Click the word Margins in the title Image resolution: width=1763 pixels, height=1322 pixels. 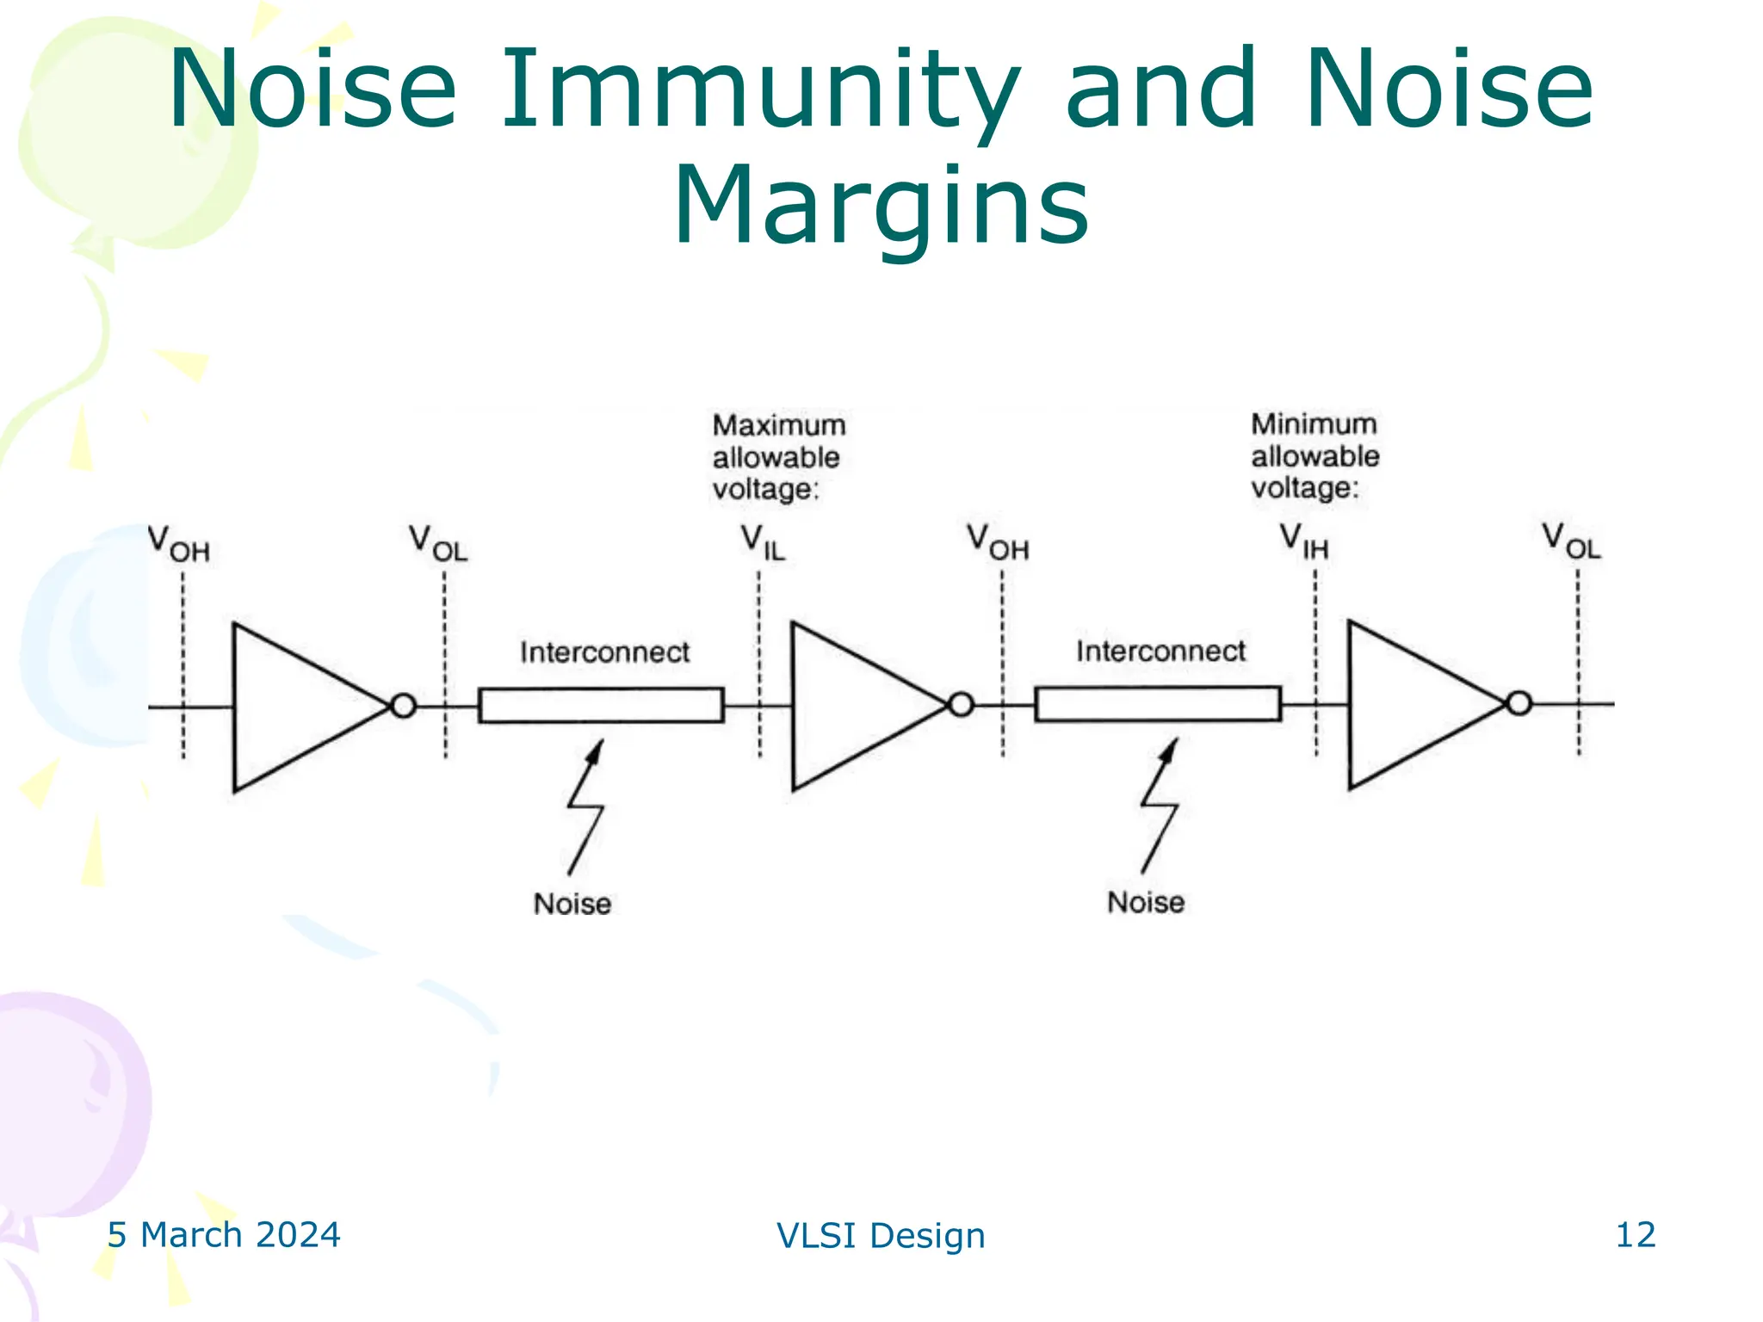(881, 207)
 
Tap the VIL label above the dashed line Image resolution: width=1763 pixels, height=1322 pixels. (763, 543)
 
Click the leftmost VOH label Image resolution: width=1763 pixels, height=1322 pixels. (178, 544)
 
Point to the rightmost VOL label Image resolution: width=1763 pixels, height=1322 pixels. (1570, 541)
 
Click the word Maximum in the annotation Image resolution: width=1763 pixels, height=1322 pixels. (778, 425)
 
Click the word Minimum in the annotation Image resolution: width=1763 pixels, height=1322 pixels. (1314, 423)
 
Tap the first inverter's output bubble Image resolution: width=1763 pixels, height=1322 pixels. (403, 706)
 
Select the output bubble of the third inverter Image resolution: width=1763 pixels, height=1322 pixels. (1519, 703)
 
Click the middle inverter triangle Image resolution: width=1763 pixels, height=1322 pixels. (852, 706)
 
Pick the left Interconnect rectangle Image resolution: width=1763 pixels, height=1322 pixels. (601, 705)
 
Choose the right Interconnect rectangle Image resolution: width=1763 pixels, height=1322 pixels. (1158, 703)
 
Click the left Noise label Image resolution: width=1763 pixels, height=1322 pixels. (572, 904)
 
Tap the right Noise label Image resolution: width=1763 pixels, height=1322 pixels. (1145, 902)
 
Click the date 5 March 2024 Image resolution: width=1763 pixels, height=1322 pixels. (224, 1234)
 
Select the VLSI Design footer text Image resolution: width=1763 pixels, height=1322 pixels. (881, 1235)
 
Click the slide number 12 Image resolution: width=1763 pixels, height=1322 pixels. (1635, 1234)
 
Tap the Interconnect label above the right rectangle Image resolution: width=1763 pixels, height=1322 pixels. (1160, 651)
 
